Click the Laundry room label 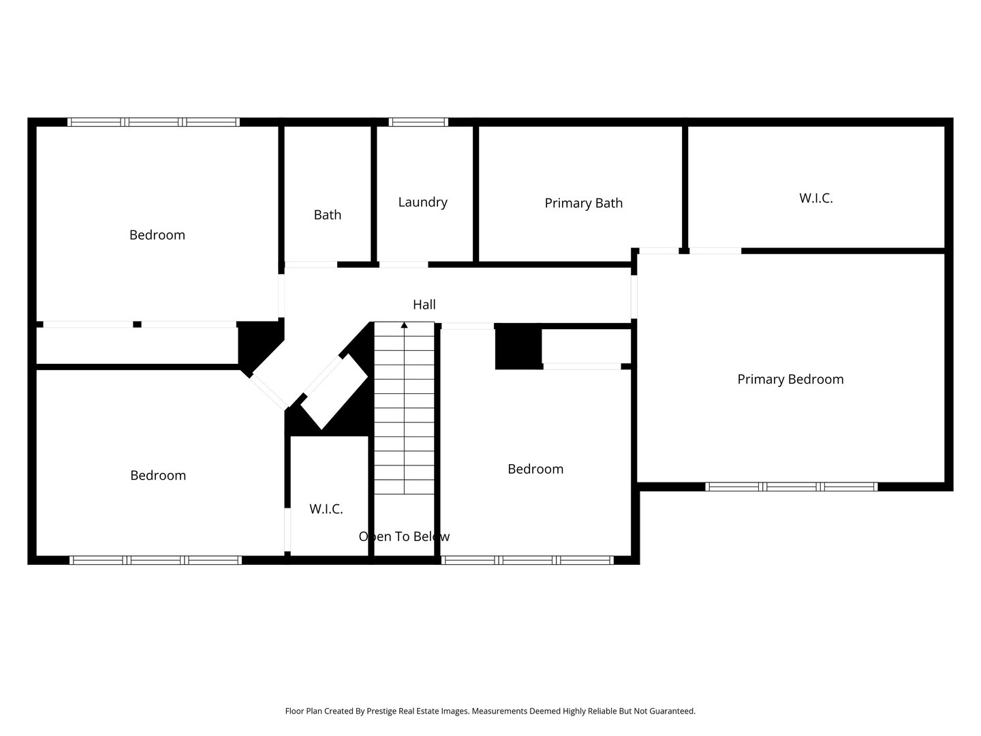(422, 202)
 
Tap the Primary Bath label (583, 203)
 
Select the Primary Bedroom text (790, 380)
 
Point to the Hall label (424, 305)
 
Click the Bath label (327, 215)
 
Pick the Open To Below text (404, 536)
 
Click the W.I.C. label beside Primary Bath (815, 198)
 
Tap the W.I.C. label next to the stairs (326, 508)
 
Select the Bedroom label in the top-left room (157, 235)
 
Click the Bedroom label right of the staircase (535, 470)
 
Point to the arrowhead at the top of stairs (404, 325)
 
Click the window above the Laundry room (418, 122)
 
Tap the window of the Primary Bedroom (791, 487)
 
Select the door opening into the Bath (311, 264)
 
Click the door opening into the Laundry (403, 264)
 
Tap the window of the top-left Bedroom (153, 122)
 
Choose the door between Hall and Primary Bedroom (634, 296)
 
